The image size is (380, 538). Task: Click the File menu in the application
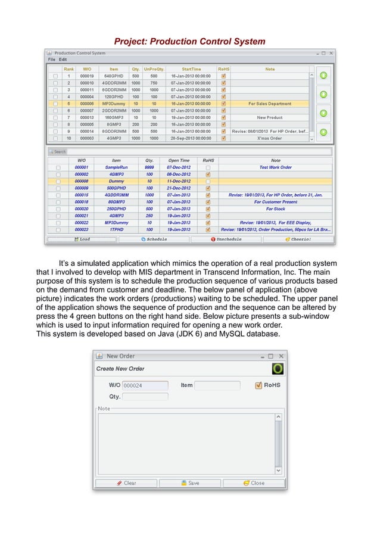[x=51, y=60]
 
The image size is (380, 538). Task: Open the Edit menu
[x=63, y=60]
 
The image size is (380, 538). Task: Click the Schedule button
[x=154, y=239]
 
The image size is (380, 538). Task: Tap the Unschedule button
[x=226, y=239]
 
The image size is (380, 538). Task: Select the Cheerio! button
[x=298, y=239]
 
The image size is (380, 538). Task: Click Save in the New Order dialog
[x=190, y=483]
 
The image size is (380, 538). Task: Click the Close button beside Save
[x=254, y=483]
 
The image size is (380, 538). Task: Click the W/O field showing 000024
[x=145, y=385]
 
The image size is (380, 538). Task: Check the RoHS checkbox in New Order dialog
[x=258, y=385]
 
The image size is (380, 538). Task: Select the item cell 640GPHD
[x=114, y=76]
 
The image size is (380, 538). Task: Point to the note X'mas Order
[x=270, y=138]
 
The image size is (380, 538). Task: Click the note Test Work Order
[x=275, y=167]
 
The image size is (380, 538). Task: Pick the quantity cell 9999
[x=149, y=167]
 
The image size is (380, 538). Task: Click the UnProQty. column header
[x=154, y=69]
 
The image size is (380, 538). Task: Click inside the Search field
[x=191, y=151]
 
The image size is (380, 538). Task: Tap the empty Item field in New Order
[x=217, y=385]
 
